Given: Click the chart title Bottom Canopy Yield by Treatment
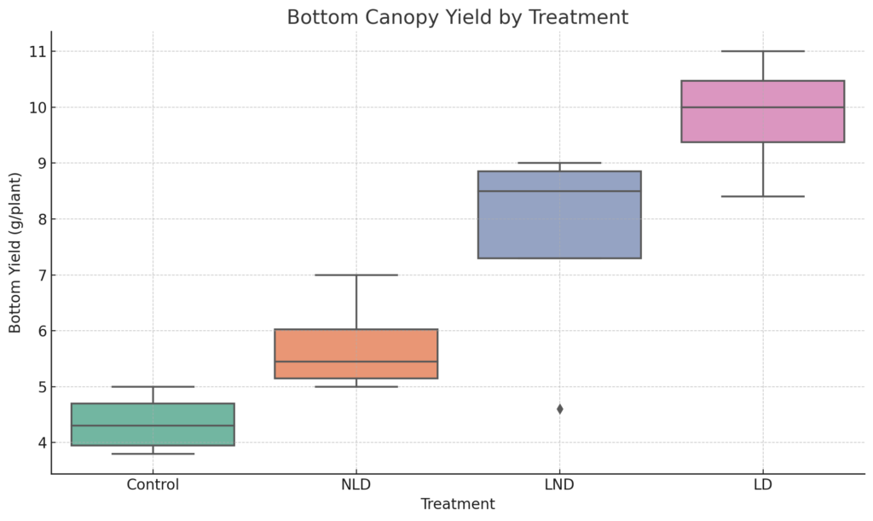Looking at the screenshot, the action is point(458,17).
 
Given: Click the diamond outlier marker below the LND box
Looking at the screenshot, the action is point(559,409).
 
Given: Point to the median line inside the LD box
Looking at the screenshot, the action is point(763,107).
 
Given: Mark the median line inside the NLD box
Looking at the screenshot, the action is point(356,362).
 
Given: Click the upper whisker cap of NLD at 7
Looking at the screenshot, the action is point(356,275).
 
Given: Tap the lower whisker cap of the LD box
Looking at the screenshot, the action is point(763,196).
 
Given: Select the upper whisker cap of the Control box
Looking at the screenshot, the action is point(153,387).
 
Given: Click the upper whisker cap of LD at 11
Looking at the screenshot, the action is point(763,51).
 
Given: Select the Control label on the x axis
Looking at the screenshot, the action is point(153,485).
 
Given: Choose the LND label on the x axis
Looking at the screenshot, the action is point(559,485).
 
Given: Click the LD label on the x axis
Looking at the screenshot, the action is point(763,485).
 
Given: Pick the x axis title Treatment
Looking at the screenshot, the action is point(458,504).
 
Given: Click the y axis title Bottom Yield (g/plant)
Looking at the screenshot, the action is point(15,252).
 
